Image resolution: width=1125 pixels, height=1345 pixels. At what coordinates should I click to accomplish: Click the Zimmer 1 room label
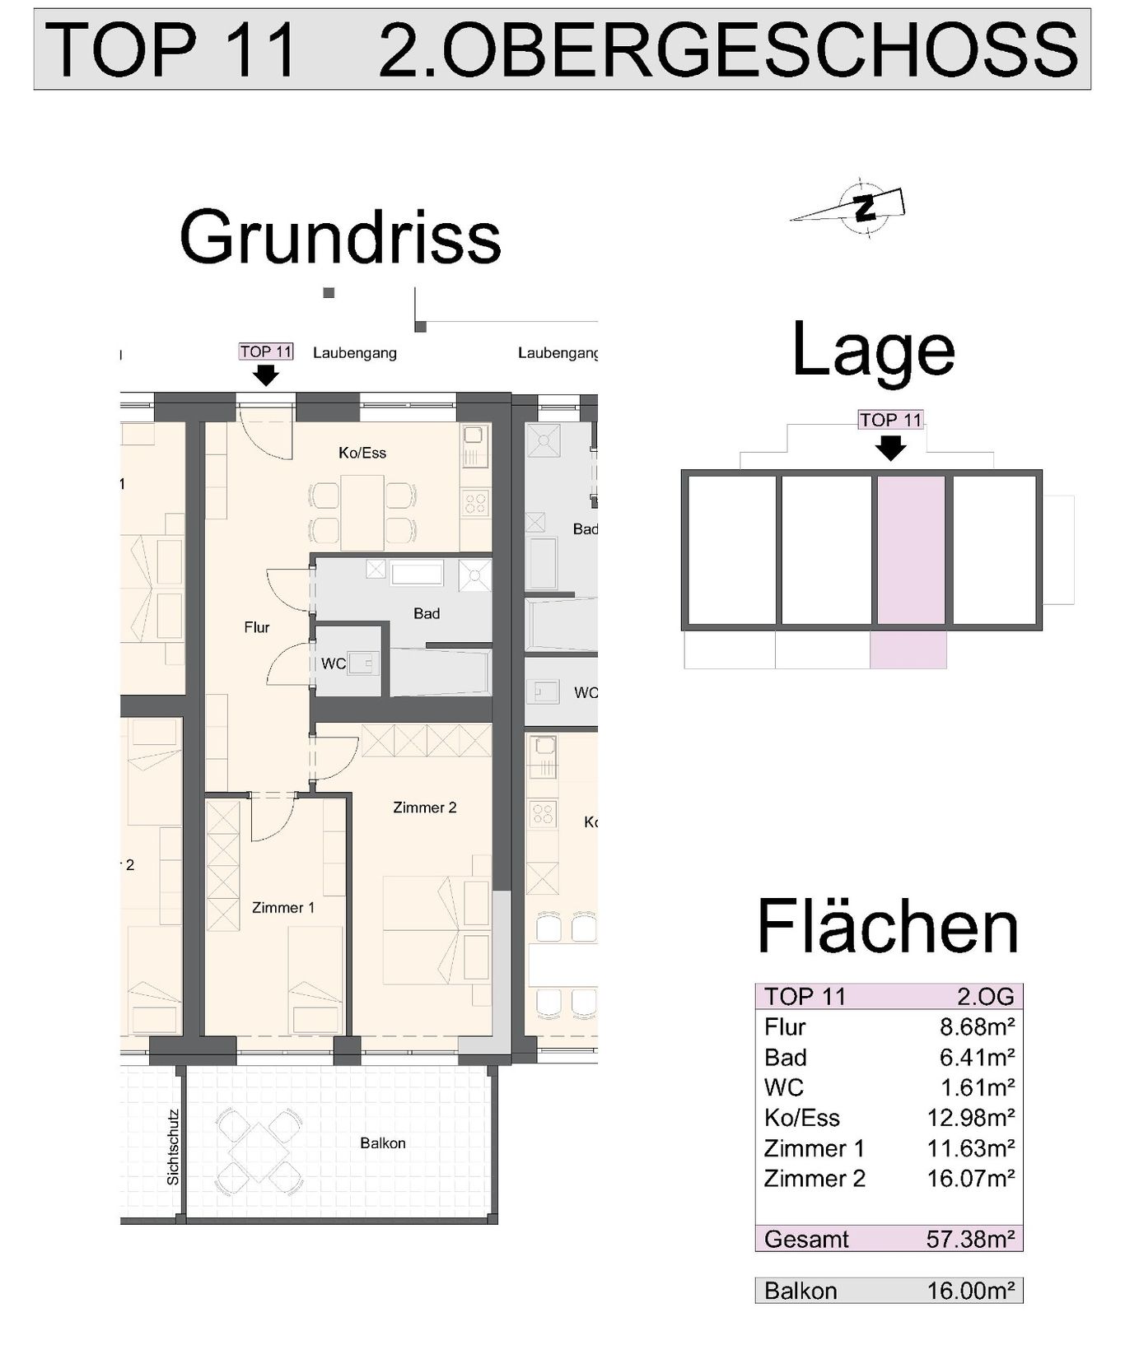(282, 908)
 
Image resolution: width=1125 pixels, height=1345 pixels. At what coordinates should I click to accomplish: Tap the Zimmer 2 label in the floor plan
(424, 807)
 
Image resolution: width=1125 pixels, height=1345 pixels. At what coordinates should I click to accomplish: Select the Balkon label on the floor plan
(383, 1143)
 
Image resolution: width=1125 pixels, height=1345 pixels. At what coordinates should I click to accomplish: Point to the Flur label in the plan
(257, 627)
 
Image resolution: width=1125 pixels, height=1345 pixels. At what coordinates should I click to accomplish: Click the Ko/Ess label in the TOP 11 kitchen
(362, 453)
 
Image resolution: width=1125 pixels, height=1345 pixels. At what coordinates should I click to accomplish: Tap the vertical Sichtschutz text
(172, 1147)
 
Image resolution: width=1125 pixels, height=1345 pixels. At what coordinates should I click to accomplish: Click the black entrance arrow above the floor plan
(265, 375)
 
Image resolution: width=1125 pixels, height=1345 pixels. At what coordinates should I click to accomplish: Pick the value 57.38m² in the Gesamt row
(970, 1238)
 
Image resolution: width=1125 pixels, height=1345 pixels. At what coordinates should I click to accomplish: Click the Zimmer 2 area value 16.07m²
(970, 1178)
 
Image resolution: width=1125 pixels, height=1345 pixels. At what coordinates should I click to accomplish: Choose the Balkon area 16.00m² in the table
(970, 1290)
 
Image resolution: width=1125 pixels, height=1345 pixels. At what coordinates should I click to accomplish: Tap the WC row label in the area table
(783, 1087)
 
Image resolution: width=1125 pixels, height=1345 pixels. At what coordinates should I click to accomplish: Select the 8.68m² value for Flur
(977, 1026)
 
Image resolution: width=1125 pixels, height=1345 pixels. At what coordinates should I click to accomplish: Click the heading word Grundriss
(340, 237)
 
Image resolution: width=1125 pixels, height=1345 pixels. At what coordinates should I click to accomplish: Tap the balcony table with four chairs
(258, 1146)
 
